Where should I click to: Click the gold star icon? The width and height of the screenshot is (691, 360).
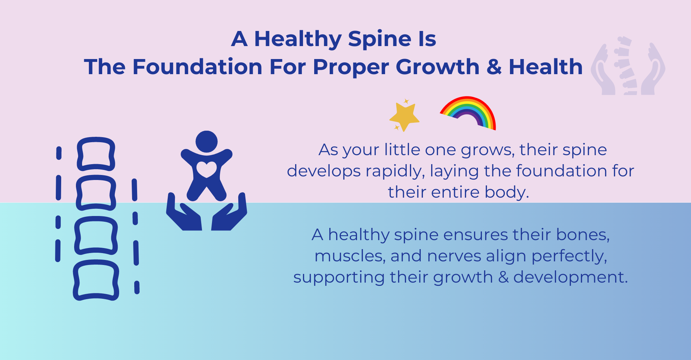405,116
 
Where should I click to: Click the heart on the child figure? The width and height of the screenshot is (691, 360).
207,169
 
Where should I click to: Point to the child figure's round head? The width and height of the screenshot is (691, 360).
207,141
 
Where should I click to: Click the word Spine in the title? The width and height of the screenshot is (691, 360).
380,39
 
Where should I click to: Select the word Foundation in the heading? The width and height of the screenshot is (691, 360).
198,67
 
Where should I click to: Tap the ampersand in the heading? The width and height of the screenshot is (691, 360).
494,67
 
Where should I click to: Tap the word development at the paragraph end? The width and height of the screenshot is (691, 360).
570,278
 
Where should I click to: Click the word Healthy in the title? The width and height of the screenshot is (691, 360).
298,39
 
